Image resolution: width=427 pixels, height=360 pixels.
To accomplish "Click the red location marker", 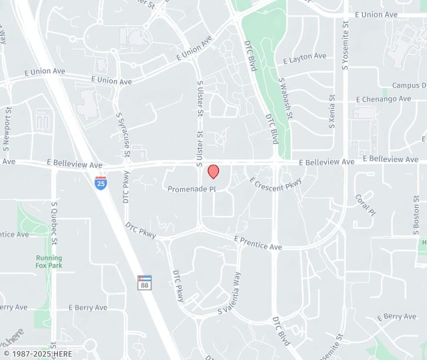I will [x=213, y=171].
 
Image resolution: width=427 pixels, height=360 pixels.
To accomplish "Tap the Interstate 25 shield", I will [x=100, y=182].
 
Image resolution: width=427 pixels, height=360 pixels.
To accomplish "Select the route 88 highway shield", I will [x=144, y=282].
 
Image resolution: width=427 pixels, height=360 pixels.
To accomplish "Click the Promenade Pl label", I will [x=192, y=189].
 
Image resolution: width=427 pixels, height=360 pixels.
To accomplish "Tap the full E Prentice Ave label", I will [x=258, y=243].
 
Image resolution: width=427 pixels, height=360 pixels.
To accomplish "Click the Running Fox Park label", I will [x=49, y=261].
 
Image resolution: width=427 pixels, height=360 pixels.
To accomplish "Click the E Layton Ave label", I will [x=304, y=58].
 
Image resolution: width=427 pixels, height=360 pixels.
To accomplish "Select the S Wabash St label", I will [x=286, y=97].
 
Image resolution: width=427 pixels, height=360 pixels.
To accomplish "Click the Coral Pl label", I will [x=366, y=204].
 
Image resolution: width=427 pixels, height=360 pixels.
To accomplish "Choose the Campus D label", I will [x=409, y=85].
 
